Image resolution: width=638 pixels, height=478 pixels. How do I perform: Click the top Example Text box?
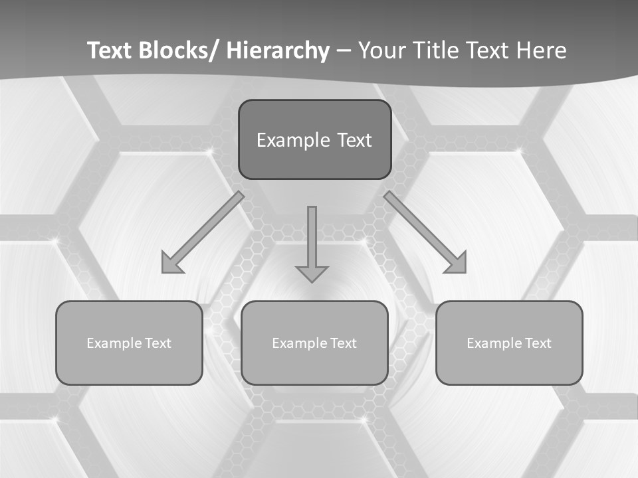[x=314, y=139]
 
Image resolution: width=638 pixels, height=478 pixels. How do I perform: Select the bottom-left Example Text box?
[x=129, y=343]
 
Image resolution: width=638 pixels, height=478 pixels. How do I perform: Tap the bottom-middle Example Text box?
[x=314, y=343]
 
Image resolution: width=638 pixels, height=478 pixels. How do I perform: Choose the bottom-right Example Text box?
[x=509, y=343]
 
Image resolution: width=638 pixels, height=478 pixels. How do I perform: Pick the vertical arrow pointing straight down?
[x=312, y=242]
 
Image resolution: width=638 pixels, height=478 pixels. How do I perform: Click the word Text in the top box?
[x=354, y=140]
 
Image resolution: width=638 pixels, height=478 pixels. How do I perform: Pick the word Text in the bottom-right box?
[x=537, y=343]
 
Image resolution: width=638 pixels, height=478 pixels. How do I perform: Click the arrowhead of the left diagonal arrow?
[x=171, y=264]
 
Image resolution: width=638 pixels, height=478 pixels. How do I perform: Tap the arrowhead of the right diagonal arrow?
[x=457, y=264]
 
